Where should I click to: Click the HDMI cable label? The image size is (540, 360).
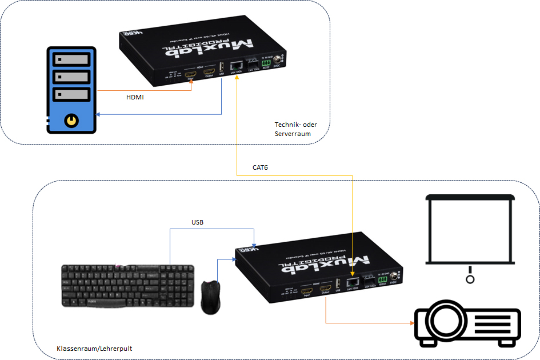pos(135,98)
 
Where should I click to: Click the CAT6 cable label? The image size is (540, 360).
pos(260,167)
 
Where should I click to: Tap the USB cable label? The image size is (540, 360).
pos(198,222)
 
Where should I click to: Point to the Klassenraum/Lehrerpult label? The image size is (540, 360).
pos(94,348)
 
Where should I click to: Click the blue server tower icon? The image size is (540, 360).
pos(71,90)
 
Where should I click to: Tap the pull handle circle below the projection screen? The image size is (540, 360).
pos(470,279)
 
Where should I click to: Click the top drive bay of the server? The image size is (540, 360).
pos(71,59)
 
